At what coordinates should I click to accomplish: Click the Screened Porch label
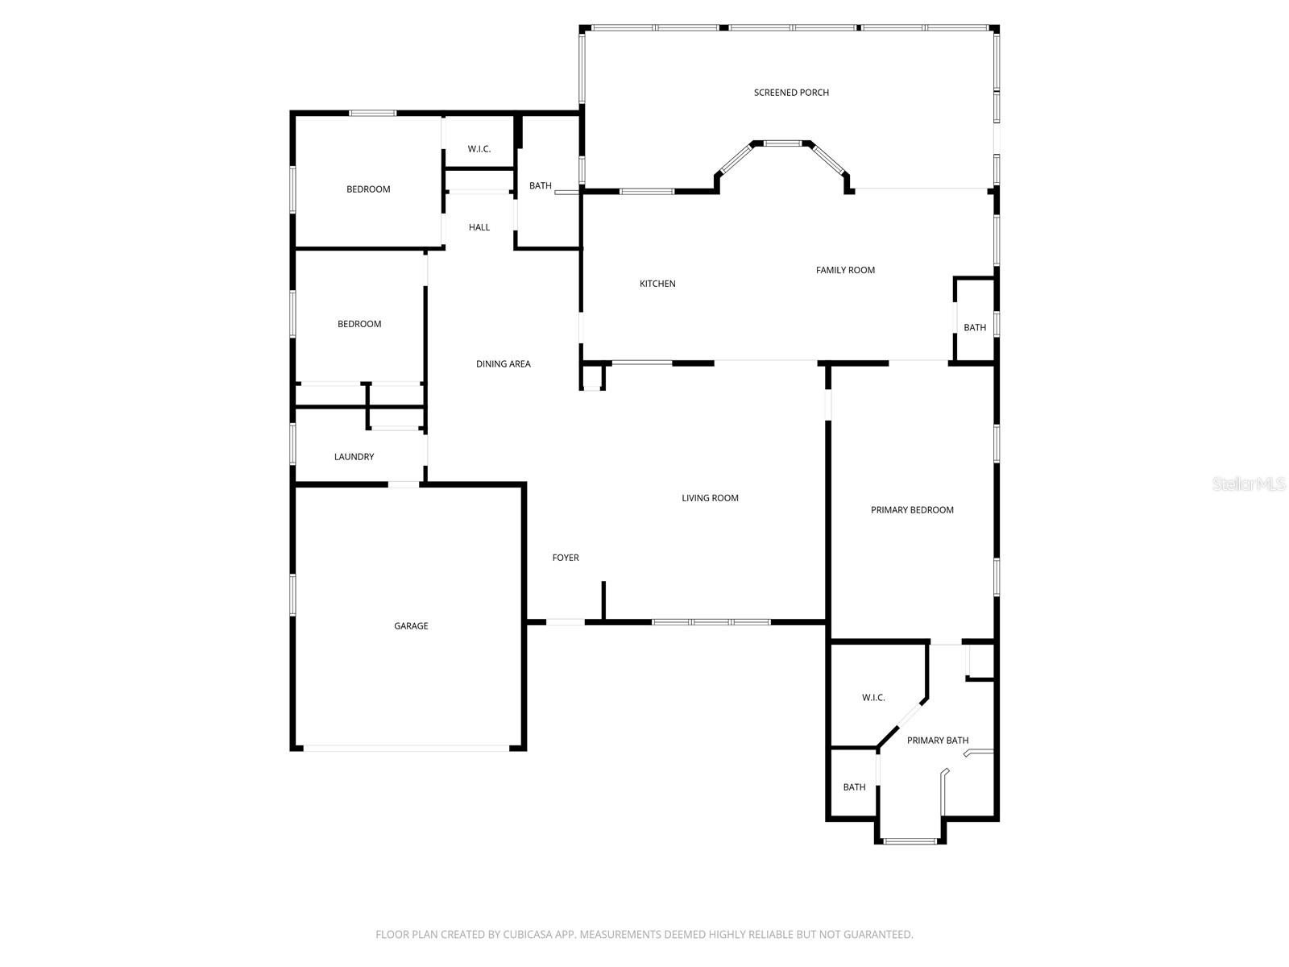(x=791, y=93)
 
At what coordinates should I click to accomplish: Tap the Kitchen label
(x=657, y=284)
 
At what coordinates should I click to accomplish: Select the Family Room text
(x=845, y=270)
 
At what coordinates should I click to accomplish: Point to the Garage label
(x=411, y=626)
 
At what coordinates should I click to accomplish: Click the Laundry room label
(x=354, y=457)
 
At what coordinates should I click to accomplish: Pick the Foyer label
(x=566, y=558)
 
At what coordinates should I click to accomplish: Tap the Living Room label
(x=710, y=498)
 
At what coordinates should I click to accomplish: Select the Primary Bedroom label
(x=912, y=510)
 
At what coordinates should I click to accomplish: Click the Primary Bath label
(x=938, y=741)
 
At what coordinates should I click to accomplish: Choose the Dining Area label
(x=503, y=364)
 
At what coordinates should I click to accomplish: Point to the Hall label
(x=479, y=227)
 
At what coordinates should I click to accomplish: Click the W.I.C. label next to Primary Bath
(x=873, y=698)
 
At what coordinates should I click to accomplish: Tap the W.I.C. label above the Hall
(x=479, y=149)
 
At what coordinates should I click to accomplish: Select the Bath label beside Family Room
(x=975, y=328)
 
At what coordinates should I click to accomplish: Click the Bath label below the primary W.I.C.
(x=854, y=787)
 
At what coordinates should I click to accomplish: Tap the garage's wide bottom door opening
(x=406, y=749)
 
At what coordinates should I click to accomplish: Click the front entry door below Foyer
(x=566, y=622)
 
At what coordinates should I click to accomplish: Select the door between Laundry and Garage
(x=404, y=484)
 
